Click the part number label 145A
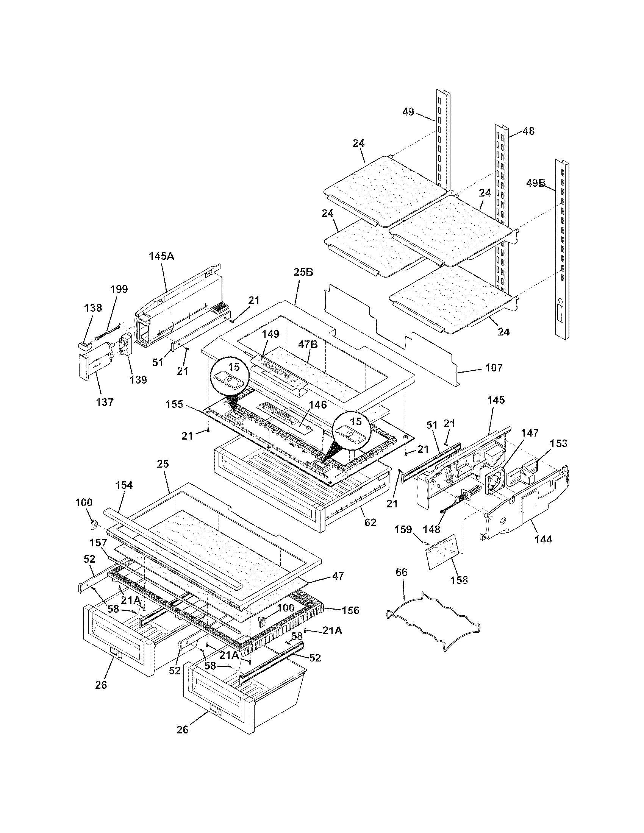click(161, 256)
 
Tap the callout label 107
click(494, 368)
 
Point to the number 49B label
click(536, 183)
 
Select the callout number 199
click(119, 289)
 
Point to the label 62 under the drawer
click(370, 522)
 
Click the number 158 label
click(459, 580)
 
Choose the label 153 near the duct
click(558, 444)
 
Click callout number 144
click(543, 540)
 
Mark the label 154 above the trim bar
click(124, 485)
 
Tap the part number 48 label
click(528, 131)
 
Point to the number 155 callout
click(175, 404)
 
